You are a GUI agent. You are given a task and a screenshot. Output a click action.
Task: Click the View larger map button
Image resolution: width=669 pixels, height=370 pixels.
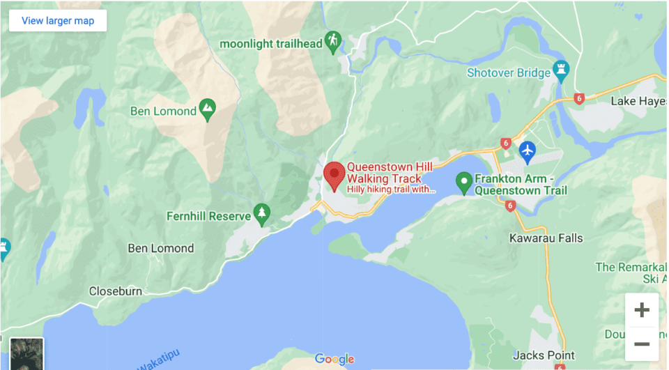(x=58, y=20)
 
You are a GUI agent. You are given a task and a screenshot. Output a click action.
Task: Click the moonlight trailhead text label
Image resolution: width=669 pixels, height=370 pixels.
(x=271, y=43)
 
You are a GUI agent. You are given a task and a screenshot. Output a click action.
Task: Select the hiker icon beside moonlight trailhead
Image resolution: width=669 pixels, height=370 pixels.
(x=333, y=42)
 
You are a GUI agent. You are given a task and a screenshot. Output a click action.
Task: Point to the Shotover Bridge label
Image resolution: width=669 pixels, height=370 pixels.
(x=509, y=72)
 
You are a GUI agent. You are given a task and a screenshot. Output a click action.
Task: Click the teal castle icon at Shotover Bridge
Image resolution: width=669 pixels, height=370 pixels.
(x=560, y=70)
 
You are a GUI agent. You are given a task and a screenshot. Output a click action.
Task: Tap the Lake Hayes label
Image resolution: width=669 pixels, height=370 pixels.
(x=638, y=101)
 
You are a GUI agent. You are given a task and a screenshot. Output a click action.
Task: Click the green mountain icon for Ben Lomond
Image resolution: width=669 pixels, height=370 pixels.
(x=206, y=109)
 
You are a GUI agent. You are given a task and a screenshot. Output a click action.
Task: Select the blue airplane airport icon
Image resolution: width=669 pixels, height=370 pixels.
(x=528, y=149)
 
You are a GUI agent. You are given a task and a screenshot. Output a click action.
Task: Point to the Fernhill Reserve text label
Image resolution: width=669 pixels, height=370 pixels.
(x=208, y=216)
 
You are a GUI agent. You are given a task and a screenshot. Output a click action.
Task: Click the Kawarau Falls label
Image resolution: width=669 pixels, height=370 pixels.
(x=545, y=238)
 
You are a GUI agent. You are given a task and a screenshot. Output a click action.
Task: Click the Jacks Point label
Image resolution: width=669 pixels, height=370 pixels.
(x=544, y=355)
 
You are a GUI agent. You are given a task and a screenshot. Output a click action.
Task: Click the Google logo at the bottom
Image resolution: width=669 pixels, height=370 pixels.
(x=334, y=359)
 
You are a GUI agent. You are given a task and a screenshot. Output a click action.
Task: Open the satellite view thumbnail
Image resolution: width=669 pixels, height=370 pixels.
(x=26, y=354)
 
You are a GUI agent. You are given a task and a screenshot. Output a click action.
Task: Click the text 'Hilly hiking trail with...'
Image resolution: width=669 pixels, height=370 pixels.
(x=391, y=189)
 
